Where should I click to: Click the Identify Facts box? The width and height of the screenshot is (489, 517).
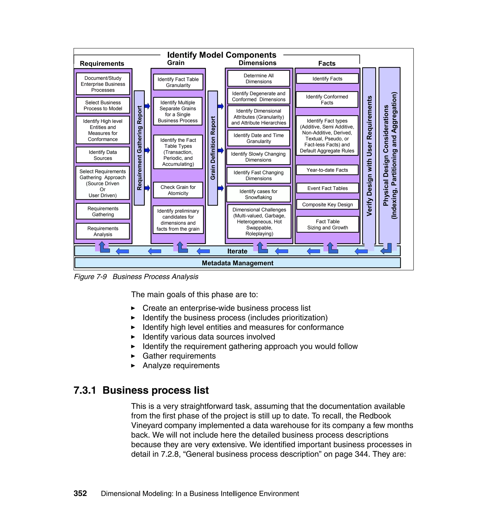327,79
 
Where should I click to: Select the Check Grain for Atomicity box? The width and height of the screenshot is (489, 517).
178,190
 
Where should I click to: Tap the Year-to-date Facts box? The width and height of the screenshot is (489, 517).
327,170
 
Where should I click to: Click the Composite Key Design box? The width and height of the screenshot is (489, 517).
327,205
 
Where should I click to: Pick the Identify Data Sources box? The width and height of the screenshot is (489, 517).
103,155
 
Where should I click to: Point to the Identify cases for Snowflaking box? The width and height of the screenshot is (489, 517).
258,194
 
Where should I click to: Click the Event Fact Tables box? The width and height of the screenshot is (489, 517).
327,188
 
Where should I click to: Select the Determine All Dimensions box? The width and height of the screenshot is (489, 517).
259,78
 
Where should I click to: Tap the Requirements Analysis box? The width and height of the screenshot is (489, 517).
103,231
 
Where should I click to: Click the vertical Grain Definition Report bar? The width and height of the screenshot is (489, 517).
213,148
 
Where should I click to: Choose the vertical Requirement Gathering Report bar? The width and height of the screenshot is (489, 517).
139,148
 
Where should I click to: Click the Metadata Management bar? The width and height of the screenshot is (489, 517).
238,263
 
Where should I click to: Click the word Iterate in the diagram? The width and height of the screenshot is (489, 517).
237,251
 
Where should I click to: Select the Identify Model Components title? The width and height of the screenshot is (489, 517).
222,55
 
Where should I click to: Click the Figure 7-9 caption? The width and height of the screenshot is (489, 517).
136,276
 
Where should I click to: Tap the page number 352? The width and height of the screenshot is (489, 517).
80,493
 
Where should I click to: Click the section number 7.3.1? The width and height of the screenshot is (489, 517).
85,390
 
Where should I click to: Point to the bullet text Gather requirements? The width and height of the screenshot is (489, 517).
179,356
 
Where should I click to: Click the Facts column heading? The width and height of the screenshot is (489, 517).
327,63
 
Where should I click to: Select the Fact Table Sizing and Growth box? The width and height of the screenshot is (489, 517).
327,224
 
